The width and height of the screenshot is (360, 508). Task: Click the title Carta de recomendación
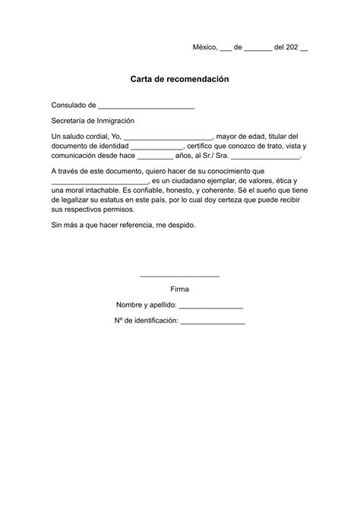coord(179,79)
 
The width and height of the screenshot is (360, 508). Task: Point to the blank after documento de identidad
coord(157,147)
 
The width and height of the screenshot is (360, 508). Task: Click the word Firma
coord(180,289)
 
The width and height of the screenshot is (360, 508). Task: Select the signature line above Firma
coord(180,276)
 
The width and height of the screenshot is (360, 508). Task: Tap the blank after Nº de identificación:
coord(213,322)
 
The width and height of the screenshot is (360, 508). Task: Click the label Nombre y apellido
coord(146,305)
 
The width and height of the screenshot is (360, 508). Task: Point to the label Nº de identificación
coord(145,321)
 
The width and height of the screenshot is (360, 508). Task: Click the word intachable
coord(100,189)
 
